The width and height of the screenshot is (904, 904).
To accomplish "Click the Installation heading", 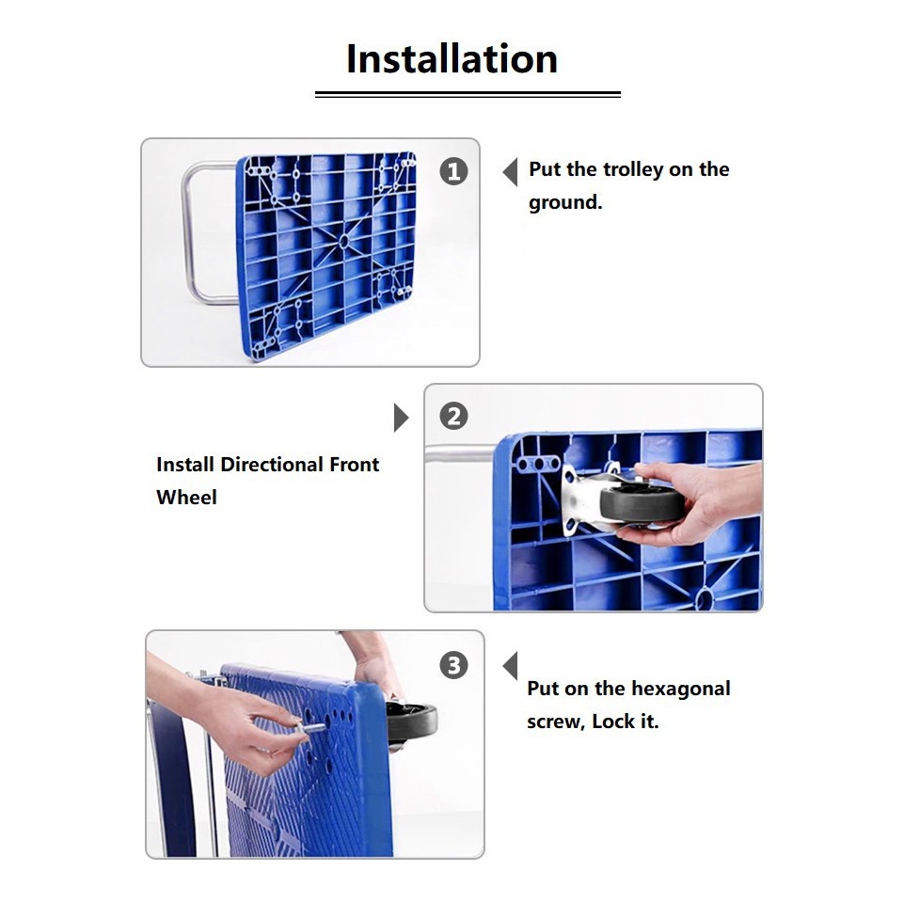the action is point(452,59).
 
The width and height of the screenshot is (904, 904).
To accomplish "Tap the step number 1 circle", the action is point(453,171).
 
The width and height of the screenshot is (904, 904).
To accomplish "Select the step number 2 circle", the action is point(453,416).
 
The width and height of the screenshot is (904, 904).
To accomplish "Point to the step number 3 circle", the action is point(453,665).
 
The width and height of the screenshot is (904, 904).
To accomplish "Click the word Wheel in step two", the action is point(186,497).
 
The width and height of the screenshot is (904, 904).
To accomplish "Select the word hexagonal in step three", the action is point(680,689).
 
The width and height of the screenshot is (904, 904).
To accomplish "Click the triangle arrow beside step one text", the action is point(510,172).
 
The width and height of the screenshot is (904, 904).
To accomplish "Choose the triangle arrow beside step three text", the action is point(510,666).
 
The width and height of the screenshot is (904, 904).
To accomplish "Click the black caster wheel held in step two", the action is point(642,503).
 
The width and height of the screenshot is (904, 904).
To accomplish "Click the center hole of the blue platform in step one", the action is point(343,241).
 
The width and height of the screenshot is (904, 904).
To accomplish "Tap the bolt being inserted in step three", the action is point(310,729).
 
